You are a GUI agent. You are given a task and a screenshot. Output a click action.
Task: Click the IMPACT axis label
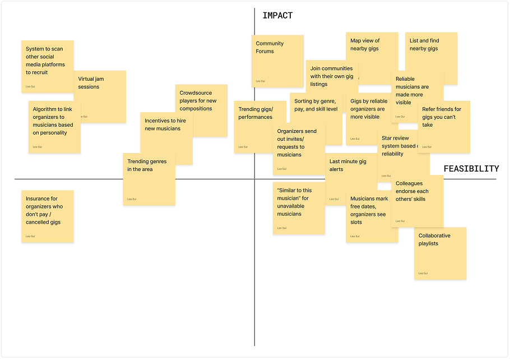click(277, 16)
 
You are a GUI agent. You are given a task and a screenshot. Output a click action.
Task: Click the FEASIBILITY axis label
click(471, 169)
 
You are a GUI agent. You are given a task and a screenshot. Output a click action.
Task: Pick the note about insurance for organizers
click(48, 216)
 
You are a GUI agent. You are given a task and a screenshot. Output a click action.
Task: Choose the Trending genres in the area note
click(149, 179)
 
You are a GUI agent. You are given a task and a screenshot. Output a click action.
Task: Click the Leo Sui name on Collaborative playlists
click(423, 273)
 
